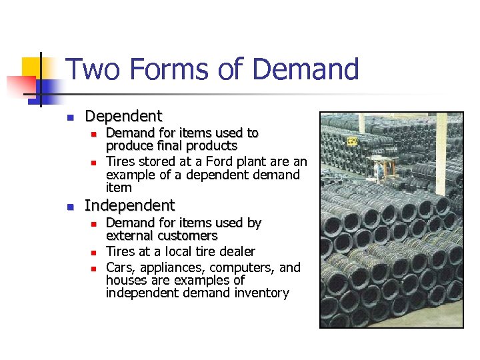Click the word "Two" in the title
(x=87, y=69)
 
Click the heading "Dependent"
(x=123, y=117)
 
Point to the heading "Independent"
(x=129, y=205)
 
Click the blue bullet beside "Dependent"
(x=69, y=118)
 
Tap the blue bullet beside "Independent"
(x=69, y=207)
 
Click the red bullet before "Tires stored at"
(x=94, y=162)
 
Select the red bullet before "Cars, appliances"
(x=94, y=268)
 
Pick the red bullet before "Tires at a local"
(x=94, y=252)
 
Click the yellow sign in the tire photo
(x=353, y=141)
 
